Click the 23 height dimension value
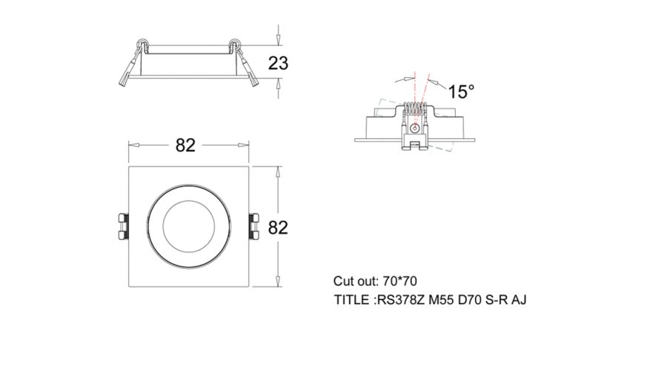pyautogui.click(x=278, y=63)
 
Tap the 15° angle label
pyautogui.click(x=461, y=91)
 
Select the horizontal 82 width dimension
pyautogui.click(x=185, y=145)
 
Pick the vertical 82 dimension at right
pyautogui.click(x=278, y=228)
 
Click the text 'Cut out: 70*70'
pyautogui.click(x=375, y=281)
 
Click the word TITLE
pyautogui.click(x=351, y=301)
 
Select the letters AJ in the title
pyautogui.click(x=519, y=301)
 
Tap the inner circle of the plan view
pyautogui.click(x=189, y=226)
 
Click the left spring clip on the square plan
pyautogui.click(x=122, y=227)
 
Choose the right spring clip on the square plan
pyautogui.click(x=254, y=227)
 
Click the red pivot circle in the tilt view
pyautogui.click(x=415, y=127)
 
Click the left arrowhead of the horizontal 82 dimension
pyautogui.click(x=134, y=145)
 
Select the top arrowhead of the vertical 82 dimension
pyautogui.click(x=278, y=172)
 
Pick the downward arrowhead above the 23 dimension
pyautogui.click(x=278, y=39)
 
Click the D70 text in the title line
pyautogui.click(x=470, y=301)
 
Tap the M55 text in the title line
pyautogui.click(x=441, y=301)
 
